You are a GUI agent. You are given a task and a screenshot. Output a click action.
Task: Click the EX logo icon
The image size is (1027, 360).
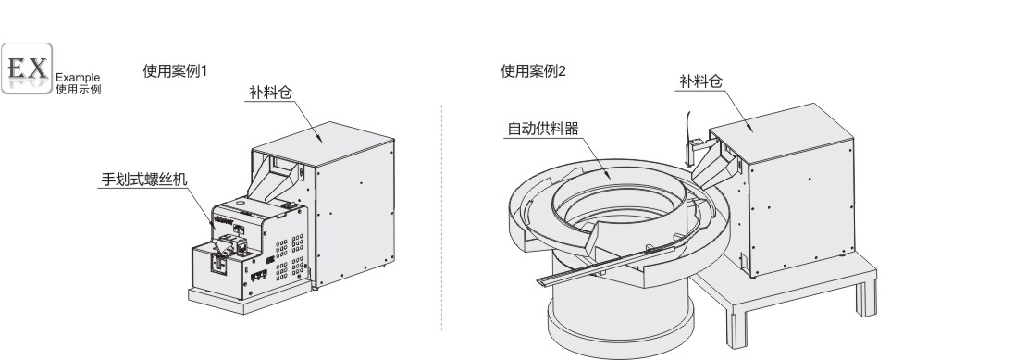[x=27, y=68]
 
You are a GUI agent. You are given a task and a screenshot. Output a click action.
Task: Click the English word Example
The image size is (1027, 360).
[x=78, y=77]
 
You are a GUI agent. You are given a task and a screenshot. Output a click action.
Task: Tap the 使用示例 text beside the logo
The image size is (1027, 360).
[x=78, y=89]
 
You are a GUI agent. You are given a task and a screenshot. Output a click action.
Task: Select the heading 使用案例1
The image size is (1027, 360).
[x=175, y=71]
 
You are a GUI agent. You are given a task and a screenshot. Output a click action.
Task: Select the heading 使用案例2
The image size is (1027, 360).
[x=533, y=71]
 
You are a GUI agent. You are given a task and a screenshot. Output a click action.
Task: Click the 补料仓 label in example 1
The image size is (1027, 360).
[x=270, y=93]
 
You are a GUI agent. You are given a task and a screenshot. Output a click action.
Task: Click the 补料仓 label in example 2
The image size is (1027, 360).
[x=700, y=81]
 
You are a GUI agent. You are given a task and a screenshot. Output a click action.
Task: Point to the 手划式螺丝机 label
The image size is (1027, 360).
[x=144, y=179]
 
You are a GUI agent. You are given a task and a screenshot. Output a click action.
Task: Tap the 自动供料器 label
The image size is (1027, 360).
[x=544, y=129]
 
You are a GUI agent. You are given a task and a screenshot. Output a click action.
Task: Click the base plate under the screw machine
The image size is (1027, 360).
[x=250, y=298]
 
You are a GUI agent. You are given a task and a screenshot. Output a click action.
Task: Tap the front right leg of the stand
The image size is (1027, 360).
[x=867, y=295]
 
